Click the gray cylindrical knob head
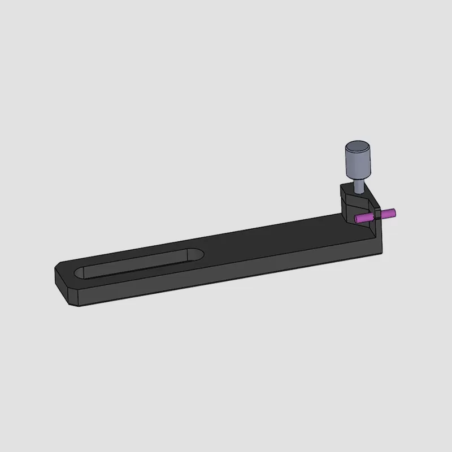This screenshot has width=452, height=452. (357, 161)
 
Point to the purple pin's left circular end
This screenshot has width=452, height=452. (357, 219)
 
